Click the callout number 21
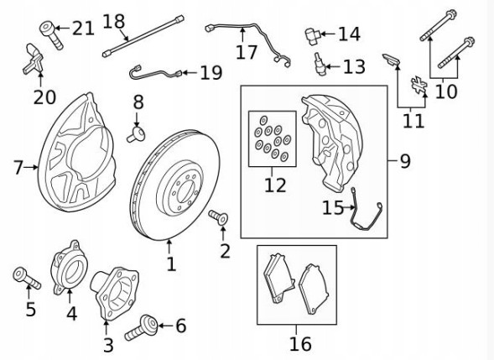click(x=82, y=29)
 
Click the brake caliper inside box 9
click(x=335, y=138)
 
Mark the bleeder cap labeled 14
click(x=312, y=35)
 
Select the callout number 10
click(x=446, y=90)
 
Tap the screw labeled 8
click(x=136, y=130)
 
